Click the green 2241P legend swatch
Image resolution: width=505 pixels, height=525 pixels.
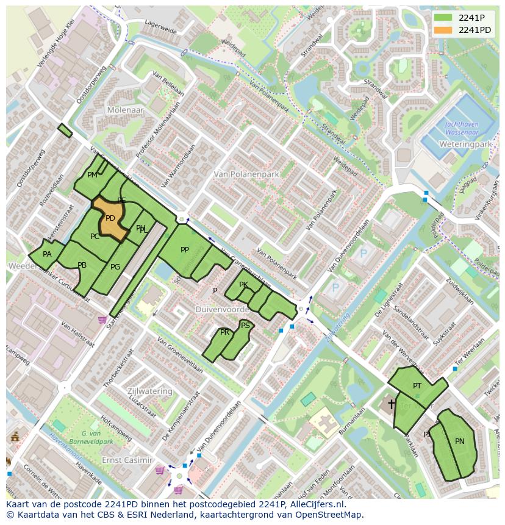click(x=443, y=18)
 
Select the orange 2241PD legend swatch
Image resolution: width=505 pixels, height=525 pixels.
click(x=443, y=30)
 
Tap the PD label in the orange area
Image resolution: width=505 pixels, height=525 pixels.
click(x=110, y=218)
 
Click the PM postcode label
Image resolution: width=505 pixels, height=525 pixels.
click(x=92, y=175)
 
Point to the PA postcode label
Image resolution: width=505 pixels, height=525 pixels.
click(x=47, y=254)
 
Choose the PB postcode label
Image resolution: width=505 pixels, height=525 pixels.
click(x=82, y=265)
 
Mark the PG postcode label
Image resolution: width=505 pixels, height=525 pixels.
click(x=115, y=266)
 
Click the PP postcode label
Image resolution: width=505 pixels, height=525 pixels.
click(x=185, y=250)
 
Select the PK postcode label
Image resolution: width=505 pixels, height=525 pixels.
click(x=243, y=285)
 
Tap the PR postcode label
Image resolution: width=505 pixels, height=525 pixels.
click(x=225, y=332)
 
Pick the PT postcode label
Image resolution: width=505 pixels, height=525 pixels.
click(x=417, y=386)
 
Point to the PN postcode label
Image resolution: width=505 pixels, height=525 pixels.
click(x=459, y=441)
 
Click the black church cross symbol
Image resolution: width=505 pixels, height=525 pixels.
click(x=391, y=404)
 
